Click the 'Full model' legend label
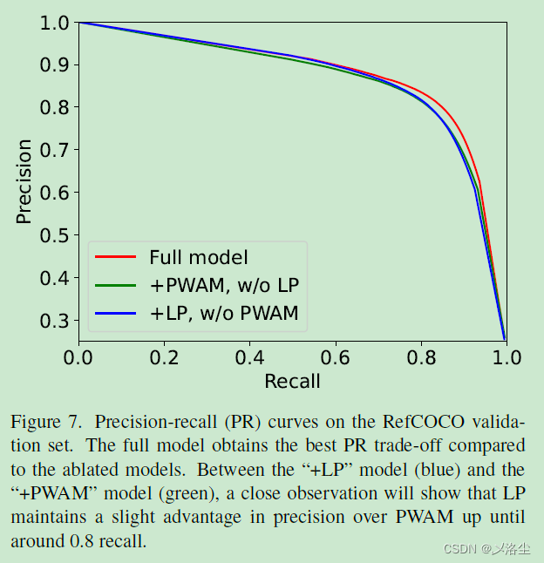coord(198,257)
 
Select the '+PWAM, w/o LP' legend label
coord(224,285)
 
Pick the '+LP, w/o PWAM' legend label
coord(224,314)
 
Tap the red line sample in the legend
coord(115,257)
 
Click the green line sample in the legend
coord(115,285)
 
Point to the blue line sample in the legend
coord(115,314)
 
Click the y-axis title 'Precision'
coord(24,181)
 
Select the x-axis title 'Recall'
coord(292,382)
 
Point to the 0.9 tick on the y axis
coord(55,65)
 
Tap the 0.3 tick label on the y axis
coord(55,321)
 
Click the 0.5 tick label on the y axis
coord(55,235)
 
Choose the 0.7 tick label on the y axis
coord(55,150)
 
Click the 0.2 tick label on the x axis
coord(164,357)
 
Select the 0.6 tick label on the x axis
coord(335,357)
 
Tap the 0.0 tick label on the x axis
coord(78,357)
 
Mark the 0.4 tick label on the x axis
coord(249,357)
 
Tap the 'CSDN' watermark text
coord(458,548)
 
